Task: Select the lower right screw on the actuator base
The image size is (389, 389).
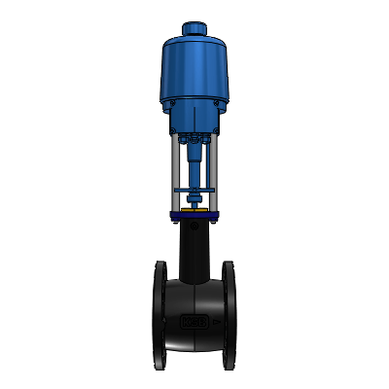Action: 215,126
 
